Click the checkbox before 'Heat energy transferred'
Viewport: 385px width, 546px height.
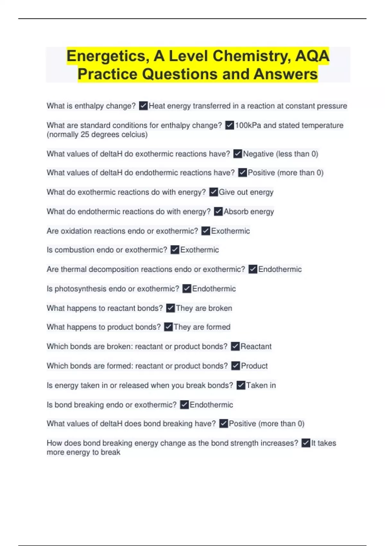(x=143, y=106)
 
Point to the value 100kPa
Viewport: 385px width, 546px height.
(x=248, y=125)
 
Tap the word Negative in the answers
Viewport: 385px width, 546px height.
(x=258, y=154)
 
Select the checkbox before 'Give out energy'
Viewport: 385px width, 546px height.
(x=213, y=192)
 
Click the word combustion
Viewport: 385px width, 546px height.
(x=74, y=250)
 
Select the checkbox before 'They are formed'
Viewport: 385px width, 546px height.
(x=168, y=327)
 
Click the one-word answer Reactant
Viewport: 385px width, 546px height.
(x=256, y=347)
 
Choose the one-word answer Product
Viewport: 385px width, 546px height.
(x=254, y=366)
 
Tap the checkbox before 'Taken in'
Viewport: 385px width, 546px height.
(x=241, y=385)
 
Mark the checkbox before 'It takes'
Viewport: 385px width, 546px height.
(x=306, y=443)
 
